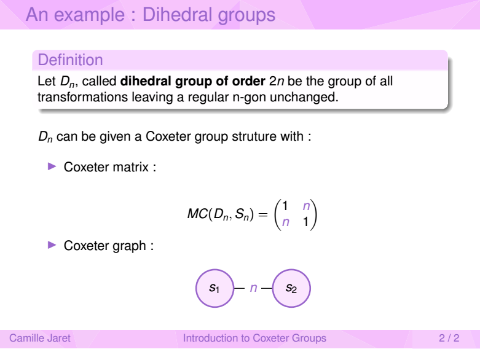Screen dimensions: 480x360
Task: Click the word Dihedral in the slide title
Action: point(176,14)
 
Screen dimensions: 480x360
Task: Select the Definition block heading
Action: point(70,60)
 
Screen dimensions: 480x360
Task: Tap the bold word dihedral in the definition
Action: point(146,81)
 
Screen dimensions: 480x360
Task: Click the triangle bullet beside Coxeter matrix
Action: point(52,166)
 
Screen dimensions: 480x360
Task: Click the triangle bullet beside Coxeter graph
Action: point(52,245)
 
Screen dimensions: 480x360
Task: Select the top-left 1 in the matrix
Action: point(285,206)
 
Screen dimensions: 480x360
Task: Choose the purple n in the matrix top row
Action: point(306,206)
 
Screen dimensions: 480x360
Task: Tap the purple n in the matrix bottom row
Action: point(285,222)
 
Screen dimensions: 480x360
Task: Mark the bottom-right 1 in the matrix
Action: point(305,221)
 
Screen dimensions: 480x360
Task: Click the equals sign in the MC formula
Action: point(263,214)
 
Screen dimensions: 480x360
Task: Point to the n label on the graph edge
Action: point(253,288)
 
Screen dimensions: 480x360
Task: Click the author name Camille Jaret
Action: point(40,338)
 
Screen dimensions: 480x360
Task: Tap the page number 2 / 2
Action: point(449,338)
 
